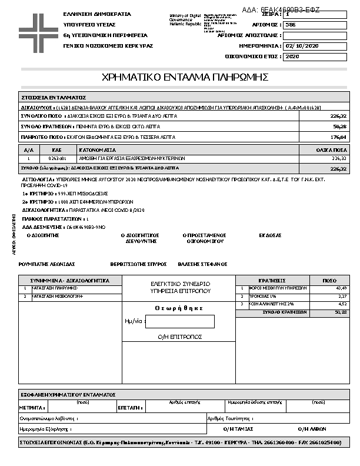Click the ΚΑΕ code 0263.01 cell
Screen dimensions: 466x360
click(57, 158)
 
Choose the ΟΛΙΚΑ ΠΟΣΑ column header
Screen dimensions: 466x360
click(331, 151)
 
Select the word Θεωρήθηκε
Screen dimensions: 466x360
click(179, 308)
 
